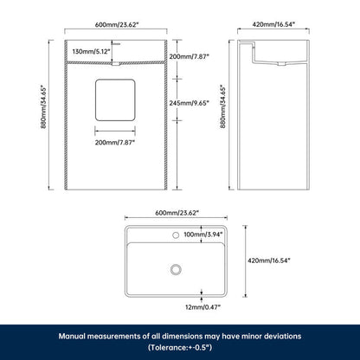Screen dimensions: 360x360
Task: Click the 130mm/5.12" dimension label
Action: (92, 52)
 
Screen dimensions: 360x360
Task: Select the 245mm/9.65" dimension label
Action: (189, 103)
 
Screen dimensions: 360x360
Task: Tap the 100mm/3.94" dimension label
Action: (203, 235)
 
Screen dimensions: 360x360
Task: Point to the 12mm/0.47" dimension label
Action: (202, 307)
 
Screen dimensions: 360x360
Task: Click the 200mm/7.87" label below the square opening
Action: (115, 142)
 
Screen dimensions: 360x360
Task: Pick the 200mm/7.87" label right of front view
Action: (189, 56)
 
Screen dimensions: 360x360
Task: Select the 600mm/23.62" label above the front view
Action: (117, 24)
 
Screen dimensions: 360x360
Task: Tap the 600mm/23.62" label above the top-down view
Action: (177, 213)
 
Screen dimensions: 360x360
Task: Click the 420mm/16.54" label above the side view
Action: (273, 24)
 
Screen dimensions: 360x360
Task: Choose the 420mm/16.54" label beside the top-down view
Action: (269, 260)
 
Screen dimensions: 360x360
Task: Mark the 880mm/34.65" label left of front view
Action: (44, 106)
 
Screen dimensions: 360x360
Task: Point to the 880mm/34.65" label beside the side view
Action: (223, 106)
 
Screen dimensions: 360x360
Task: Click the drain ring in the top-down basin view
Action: (176, 270)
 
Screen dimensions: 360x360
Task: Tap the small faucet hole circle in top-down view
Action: (176, 235)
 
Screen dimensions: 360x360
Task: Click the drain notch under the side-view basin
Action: (282, 64)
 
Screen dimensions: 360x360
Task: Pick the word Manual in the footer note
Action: (72, 337)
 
